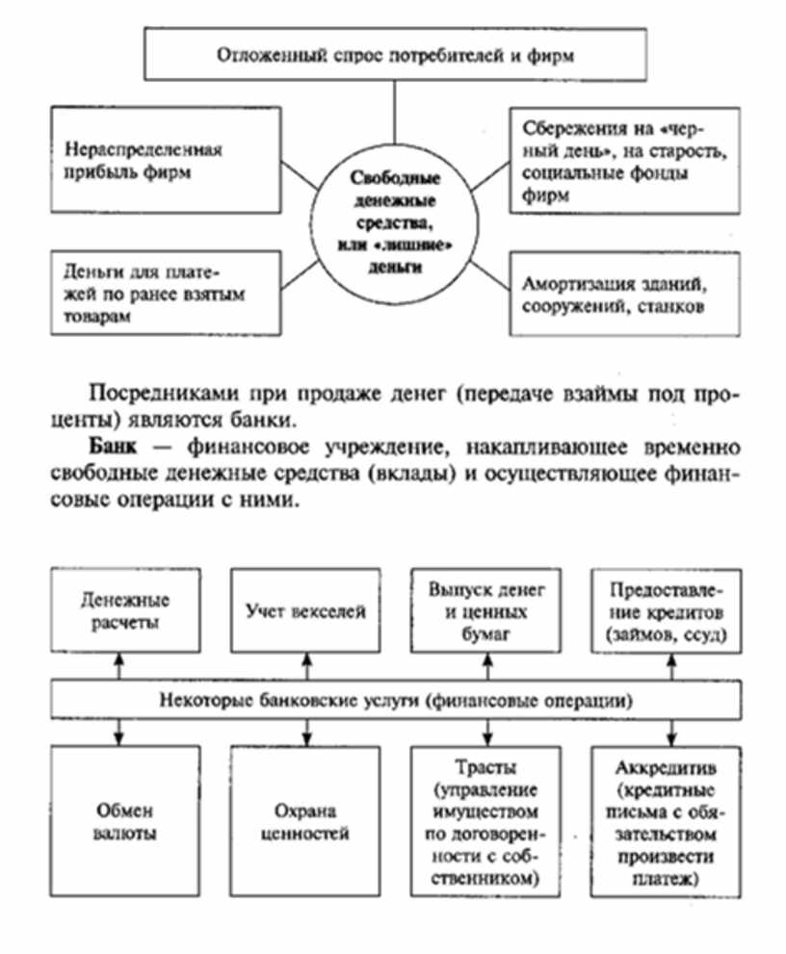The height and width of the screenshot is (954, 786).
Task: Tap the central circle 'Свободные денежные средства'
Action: click(x=393, y=221)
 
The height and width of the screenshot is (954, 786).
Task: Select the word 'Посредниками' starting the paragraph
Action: click(x=150, y=395)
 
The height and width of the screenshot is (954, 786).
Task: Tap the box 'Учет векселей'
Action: click(x=301, y=610)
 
